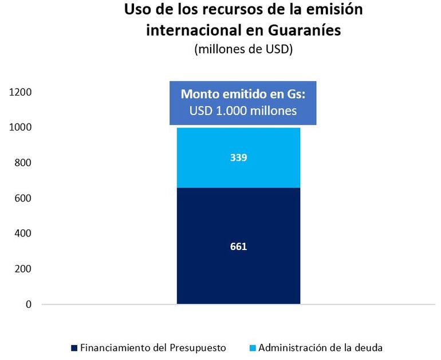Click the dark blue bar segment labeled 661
tap(238, 269)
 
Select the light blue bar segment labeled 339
tap(238, 172)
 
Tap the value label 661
tap(238, 247)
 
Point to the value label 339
tap(238, 157)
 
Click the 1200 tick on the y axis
tap(21, 92)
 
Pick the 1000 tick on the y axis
tap(21, 128)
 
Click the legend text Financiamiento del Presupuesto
tap(153, 347)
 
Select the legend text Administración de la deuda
tap(321, 347)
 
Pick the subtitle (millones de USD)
tap(243, 49)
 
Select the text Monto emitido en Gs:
tap(243, 94)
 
